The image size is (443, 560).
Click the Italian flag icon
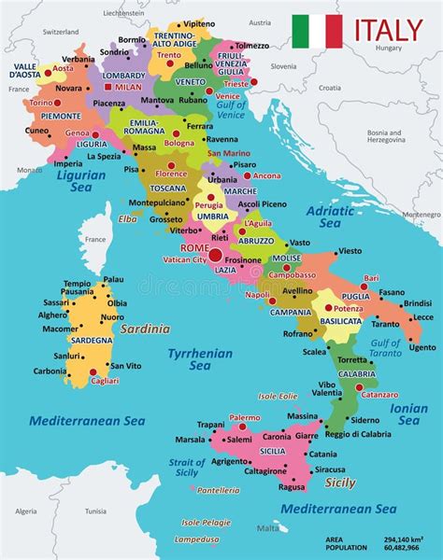[x=317, y=32]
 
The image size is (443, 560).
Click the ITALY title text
[x=387, y=31]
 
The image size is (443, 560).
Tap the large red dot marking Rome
[x=216, y=254]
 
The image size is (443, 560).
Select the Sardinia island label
[x=146, y=329]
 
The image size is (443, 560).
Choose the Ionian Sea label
[x=408, y=414]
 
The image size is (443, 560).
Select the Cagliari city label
[x=103, y=381]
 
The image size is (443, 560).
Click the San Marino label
[x=228, y=153]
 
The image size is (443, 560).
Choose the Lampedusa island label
[x=196, y=539]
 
